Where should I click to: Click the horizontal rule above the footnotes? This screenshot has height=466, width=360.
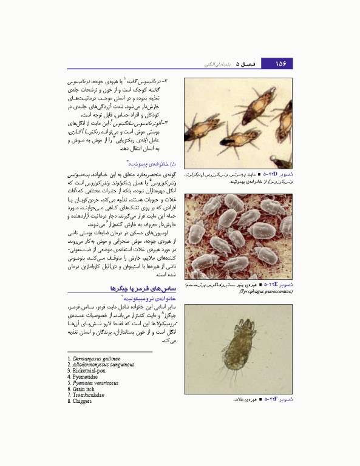pos(109,351)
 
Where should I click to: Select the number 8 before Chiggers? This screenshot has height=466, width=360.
pos(70,402)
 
